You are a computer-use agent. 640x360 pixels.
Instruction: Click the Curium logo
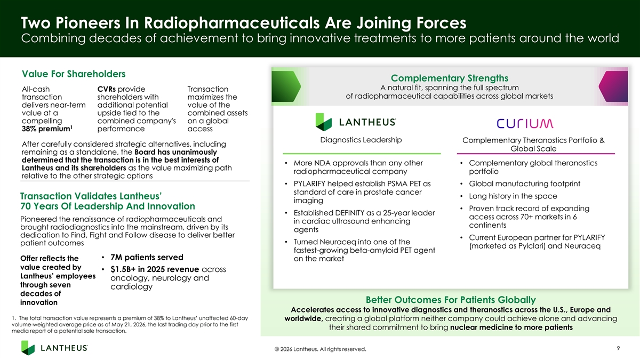525,123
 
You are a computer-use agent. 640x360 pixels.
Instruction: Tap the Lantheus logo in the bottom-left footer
54,348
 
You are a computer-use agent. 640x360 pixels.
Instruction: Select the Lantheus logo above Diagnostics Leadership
355,122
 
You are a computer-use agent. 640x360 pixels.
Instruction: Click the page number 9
618,348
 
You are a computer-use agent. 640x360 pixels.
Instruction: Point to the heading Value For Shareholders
74,74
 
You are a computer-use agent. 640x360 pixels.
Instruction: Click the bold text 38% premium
47,129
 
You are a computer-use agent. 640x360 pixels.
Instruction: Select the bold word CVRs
106,89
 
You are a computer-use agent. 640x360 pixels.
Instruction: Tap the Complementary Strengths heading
450,78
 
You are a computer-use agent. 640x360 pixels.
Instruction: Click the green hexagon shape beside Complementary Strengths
286,86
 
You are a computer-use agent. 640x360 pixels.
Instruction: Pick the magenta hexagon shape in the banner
613,86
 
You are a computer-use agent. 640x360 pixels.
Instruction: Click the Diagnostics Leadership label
361,140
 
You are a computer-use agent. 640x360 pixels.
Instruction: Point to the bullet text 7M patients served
147,257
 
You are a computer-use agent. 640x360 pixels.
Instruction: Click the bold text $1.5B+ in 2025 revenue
155,269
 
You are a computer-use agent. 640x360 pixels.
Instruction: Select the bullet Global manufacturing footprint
525,183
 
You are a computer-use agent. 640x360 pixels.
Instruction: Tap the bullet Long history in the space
513,196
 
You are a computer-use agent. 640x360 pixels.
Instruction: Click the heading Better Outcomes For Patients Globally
451,300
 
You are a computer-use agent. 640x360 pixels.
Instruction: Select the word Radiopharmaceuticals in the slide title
231,23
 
